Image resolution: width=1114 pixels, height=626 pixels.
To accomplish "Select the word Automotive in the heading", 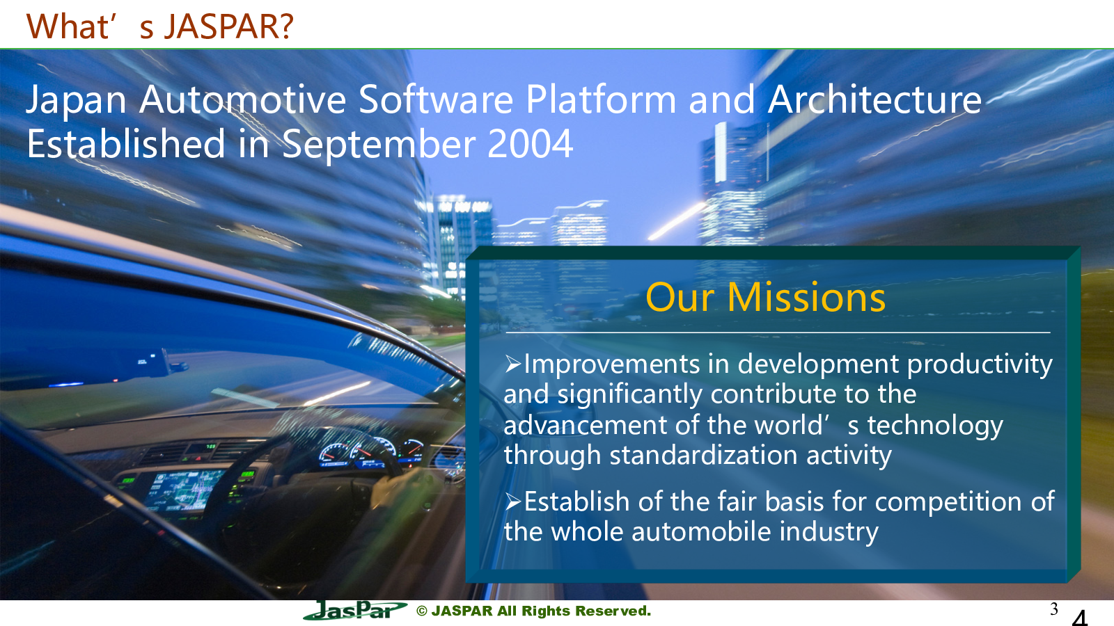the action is point(242,100).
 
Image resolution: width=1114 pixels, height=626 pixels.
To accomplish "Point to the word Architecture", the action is point(874,100).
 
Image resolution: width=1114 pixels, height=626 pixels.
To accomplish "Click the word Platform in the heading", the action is point(601,99).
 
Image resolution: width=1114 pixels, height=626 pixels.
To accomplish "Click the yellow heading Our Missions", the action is point(765,298).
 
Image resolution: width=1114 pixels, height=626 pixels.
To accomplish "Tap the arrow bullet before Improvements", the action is point(512,364).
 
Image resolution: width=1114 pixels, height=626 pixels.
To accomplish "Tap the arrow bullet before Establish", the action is point(512,501).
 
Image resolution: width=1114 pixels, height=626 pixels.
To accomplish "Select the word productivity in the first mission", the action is point(980,365).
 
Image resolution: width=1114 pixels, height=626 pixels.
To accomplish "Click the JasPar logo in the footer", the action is point(355,611).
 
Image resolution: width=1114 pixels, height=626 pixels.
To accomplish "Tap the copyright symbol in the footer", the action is point(422,611).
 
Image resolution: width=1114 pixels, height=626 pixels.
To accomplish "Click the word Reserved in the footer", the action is point(613,611).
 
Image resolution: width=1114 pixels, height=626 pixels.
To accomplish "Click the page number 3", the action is point(1053,609).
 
